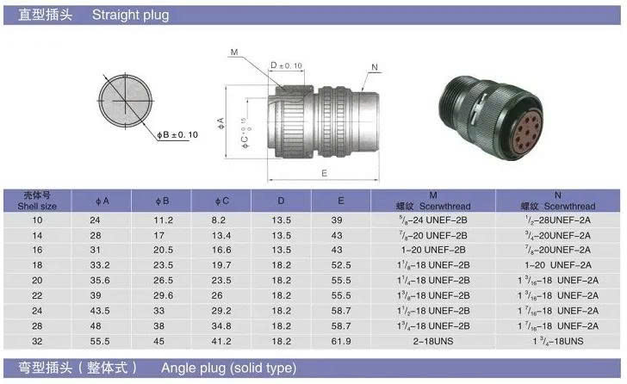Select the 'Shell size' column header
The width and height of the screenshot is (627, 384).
click(x=37, y=201)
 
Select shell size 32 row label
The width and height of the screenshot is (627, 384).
click(x=37, y=342)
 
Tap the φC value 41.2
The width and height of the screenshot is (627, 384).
click(x=223, y=342)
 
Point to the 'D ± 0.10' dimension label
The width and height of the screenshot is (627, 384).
click(x=286, y=65)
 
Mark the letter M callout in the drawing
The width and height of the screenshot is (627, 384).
click(x=233, y=53)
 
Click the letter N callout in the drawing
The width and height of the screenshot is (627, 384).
click(x=375, y=66)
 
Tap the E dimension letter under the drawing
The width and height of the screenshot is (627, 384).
click(x=322, y=172)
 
